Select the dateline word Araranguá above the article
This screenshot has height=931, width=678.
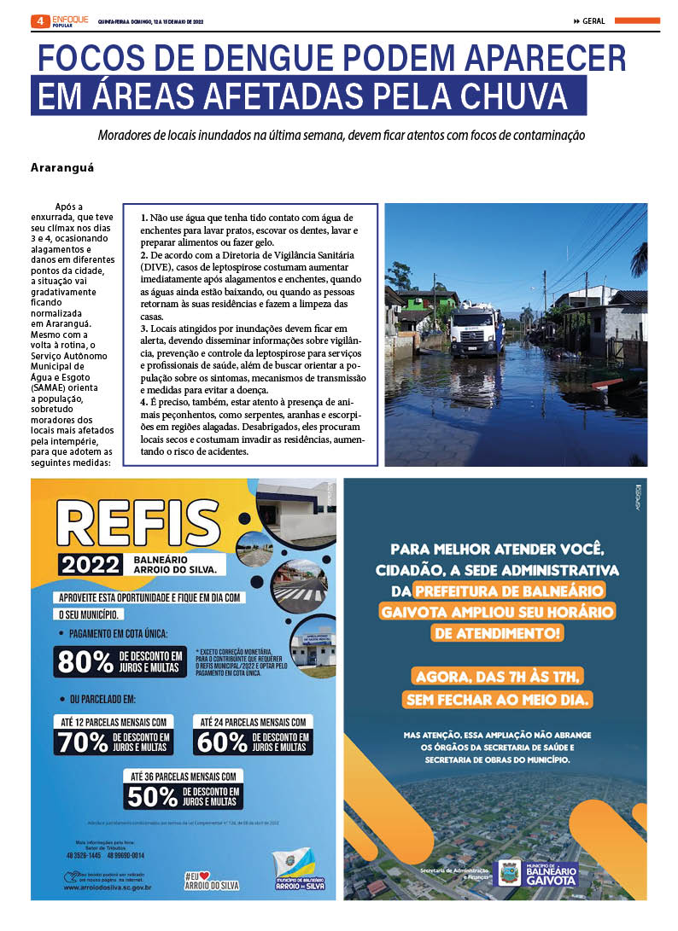tap(62, 167)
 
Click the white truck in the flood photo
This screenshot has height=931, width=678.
tap(476, 329)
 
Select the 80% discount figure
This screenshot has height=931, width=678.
tap(84, 660)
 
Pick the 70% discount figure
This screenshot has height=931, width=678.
tap(83, 742)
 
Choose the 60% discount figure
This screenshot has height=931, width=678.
tap(222, 742)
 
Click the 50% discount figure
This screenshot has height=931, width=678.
tap(153, 796)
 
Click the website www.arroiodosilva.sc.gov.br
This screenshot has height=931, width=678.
tap(108, 887)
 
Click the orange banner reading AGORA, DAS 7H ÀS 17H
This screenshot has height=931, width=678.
tap(496, 677)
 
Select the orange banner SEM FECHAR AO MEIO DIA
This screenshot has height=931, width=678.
tap(498, 701)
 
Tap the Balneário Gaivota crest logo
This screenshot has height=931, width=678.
tap(510, 872)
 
